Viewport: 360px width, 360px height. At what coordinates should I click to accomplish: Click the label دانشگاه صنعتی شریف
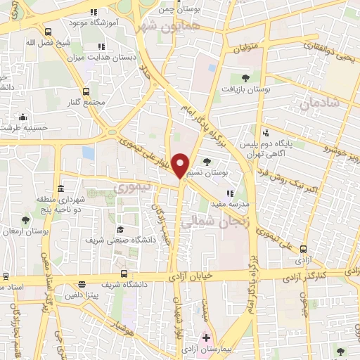pyautogui.click(x=120, y=240)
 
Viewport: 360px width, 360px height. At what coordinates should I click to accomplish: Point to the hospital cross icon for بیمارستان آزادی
pyautogui.click(x=206, y=338)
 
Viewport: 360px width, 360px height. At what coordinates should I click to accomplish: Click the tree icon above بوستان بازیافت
pyautogui.click(x=245, y=78)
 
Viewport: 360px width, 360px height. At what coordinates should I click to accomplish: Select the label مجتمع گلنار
pyautogui.click(x=86, y=103)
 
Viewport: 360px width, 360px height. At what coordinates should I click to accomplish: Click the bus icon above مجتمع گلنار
pyautogui.click(x=86, y=91)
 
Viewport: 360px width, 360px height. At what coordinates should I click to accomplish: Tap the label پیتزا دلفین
pyautogui.click(x=83, y=296)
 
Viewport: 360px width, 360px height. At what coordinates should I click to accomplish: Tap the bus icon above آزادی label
pyautogui.click(x=303, y=249)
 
